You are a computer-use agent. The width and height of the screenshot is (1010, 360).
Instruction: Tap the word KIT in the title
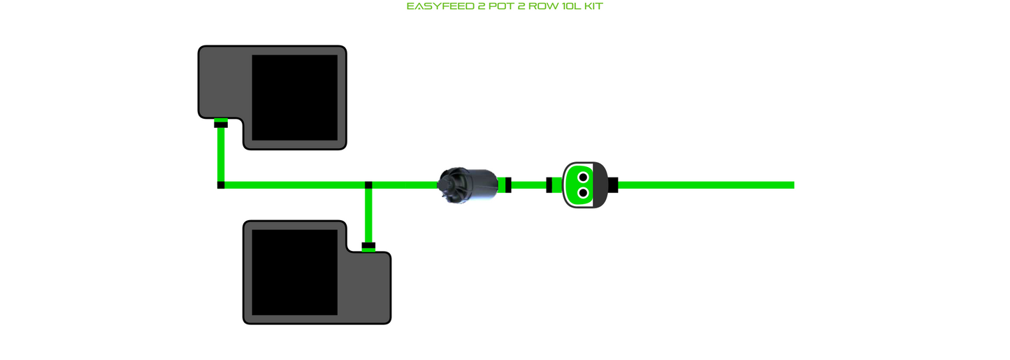(593, 6)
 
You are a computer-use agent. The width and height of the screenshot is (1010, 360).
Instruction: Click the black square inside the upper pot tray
(294, 97)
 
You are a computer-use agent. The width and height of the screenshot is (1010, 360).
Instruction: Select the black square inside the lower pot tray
(294, 273)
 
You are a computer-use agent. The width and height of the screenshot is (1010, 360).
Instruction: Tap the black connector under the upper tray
(221, 124)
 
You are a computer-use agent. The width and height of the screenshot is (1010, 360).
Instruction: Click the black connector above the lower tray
(368, 245)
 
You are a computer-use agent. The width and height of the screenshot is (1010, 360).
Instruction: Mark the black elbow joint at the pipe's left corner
(221, 185)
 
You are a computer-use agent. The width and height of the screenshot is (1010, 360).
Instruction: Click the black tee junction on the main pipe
(368, 185)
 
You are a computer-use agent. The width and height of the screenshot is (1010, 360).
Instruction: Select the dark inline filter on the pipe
(468, 185)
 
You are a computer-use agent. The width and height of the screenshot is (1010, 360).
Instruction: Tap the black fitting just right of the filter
(508, 185)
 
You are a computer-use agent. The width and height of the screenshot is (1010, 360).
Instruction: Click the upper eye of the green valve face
(583, 177)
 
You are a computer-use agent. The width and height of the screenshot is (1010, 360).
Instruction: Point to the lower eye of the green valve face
(583, 193)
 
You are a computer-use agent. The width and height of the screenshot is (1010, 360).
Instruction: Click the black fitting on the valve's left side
(549, 185)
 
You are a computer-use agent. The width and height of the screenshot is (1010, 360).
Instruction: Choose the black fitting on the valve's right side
(613, 185)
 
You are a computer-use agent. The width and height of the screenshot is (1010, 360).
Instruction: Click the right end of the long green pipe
(793, 185)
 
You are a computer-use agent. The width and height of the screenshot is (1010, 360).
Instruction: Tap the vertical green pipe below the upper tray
(221, 154)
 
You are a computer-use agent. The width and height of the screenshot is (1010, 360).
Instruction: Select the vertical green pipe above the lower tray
(368, 215)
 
